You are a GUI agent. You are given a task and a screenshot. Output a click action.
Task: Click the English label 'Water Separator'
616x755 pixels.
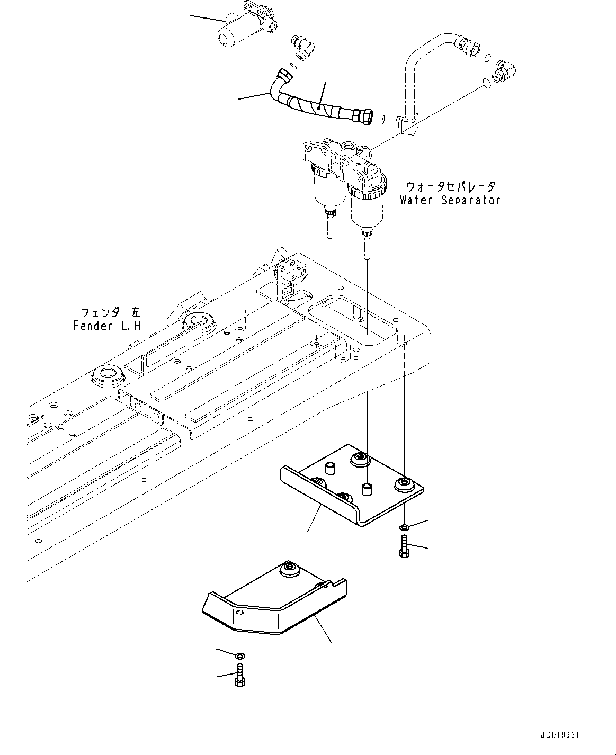point(450,200)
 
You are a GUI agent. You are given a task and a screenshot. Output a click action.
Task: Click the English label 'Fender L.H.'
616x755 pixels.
point(108,326)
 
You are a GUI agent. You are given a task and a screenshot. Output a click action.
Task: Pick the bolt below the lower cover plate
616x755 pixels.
point(239,675)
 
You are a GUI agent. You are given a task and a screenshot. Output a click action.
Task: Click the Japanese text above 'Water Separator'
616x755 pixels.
point(451,186)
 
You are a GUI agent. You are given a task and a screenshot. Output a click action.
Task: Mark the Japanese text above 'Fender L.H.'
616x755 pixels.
point(111,312)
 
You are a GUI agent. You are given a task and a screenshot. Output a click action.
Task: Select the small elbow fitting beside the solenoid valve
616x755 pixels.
point(302,47)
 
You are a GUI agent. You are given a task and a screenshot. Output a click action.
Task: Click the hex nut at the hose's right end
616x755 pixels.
point(362,117)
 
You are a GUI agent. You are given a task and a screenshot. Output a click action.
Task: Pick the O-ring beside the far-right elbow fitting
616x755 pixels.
point(487,83)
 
